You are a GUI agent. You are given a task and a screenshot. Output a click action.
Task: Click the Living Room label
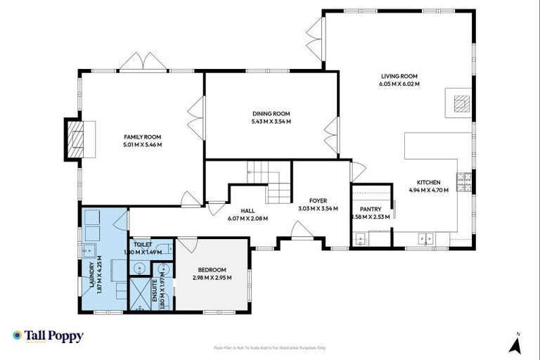point(399,76)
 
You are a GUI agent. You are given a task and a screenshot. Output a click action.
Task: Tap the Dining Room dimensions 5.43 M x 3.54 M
point(271,122)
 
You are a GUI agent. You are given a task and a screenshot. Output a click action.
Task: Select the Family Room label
point(143,136)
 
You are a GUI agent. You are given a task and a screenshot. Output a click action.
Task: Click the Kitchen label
point(428,182)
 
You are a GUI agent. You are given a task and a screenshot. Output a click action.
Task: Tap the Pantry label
point(370,209)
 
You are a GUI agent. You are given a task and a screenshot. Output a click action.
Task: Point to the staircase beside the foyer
point(271,181)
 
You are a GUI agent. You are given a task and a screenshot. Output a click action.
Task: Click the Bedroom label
point(212,270)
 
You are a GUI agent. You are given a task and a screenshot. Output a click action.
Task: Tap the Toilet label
point(143,245)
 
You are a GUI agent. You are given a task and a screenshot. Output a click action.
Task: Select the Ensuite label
point(165,288)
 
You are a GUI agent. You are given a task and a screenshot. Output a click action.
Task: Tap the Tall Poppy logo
point(48,336)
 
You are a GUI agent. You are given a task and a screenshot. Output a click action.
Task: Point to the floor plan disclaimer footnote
point(269,348)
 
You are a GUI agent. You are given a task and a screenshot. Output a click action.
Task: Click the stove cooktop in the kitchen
point(463,182)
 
